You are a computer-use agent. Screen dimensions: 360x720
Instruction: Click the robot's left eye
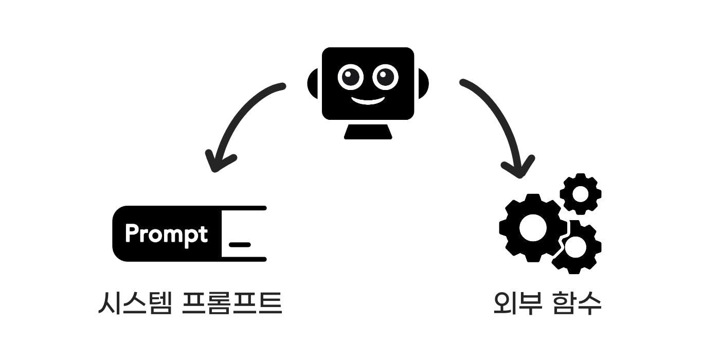tap(350, 77)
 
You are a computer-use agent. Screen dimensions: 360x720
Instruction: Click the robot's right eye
tap(385, 77)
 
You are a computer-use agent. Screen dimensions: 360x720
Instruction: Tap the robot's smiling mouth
tap(368, 100)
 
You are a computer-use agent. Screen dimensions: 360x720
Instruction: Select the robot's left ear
tap(314, 83)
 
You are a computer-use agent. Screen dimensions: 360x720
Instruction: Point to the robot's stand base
tap(368, 132)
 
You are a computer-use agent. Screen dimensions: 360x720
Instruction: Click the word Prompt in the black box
tap(166, 234)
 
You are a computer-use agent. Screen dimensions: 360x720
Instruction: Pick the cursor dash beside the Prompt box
tap(240, 244)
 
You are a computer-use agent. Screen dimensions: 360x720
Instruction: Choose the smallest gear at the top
tap(581, 194)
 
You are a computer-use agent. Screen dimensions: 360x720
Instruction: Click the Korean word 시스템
tap(134, 303)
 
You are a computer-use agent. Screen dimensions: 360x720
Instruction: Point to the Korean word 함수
tap(577, 303)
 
